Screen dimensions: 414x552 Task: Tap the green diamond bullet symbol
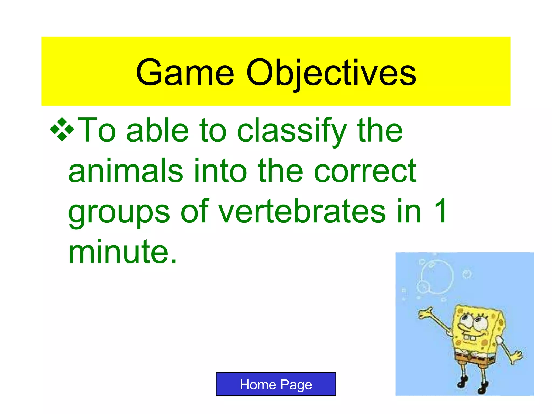point(62,129)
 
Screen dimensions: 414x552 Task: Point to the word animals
point(126,171)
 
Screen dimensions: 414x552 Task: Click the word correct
point(365,171)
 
